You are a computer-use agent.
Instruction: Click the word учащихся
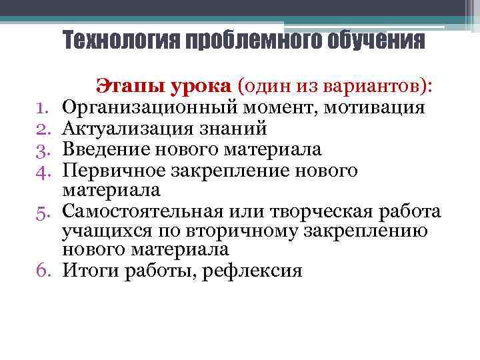pyautogui.click(x=97, y=231)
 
